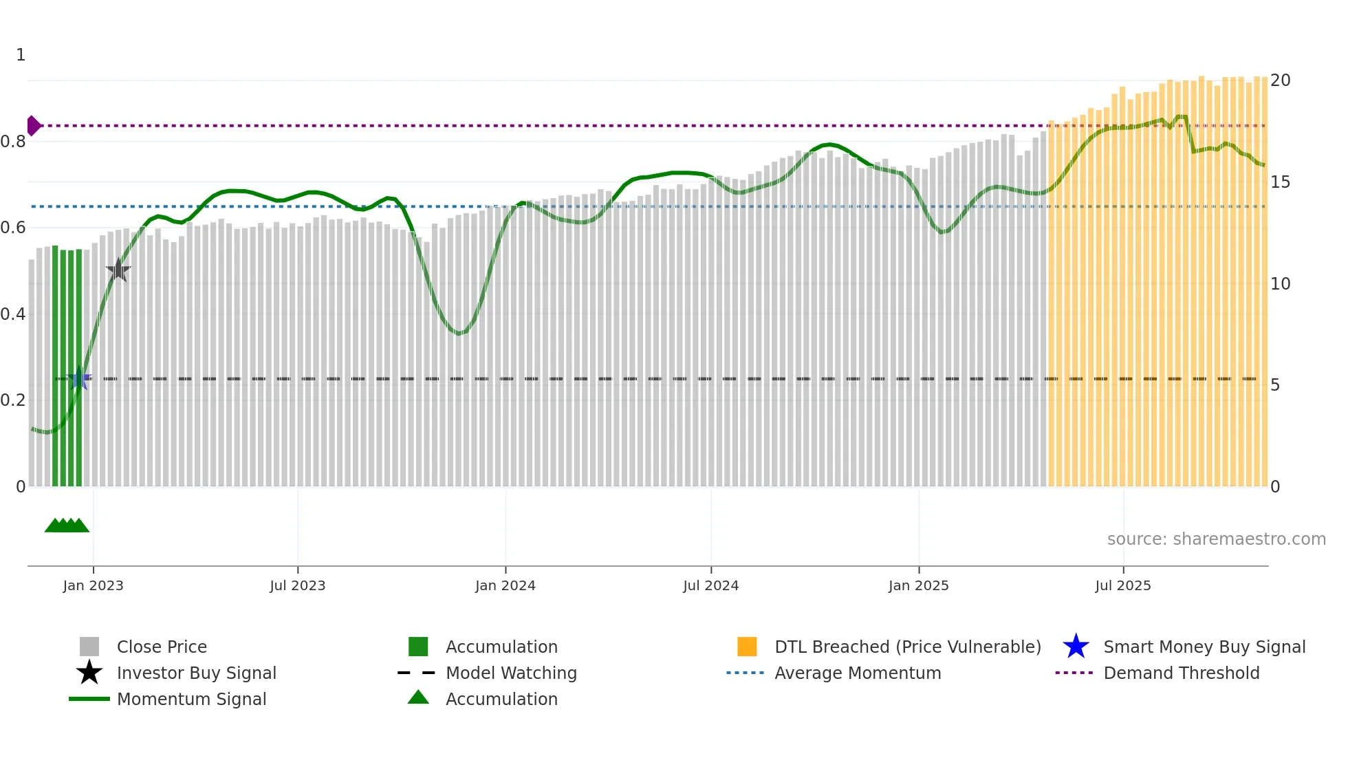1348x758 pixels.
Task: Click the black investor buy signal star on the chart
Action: pyautogui.click(x=118, y=270)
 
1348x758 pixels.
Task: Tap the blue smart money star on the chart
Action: pyautogui.click(x=80, y=378)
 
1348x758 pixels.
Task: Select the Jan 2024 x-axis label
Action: pyautogui.click(x=505, y=586)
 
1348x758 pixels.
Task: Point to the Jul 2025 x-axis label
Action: pyautogui.click(x=1122, y=586)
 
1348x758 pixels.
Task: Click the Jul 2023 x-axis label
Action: pyautogui.click(x=297, y=586)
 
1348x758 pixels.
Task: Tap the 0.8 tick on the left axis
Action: pyautogui.click(x=13, y=142)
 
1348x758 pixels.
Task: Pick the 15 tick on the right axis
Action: pyautogui.click(x=1280, y=182)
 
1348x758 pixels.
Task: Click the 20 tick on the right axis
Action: pyautogui.click(x=1280, y=80)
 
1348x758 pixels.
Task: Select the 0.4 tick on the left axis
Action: pyautogui.click(x=13, y=314)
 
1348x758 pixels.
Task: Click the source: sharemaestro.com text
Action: pyautogui.click(x=1216, y=539)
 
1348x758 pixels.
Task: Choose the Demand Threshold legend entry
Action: pyautogui.click(x=1181, y=673)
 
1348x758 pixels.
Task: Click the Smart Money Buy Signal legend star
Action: pyautogui.click(x=1076, y=647)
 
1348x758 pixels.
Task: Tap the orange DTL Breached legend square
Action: pyautogui.click(x=747, y=647)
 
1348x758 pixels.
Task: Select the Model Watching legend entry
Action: pyautogui.click(x=510, y=673)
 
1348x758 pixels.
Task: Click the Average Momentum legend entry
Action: pyautogui.click(x=857, y=673)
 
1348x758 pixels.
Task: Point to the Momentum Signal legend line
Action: pyautogui.click(x=89, y=700)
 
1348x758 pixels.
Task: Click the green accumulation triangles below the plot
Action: pyautogui.click(x=67, y=526)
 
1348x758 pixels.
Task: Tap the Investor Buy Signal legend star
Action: pyautogui.click(x=89, y=673)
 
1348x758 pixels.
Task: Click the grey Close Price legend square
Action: pyautogui.click(x=89, y=647)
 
